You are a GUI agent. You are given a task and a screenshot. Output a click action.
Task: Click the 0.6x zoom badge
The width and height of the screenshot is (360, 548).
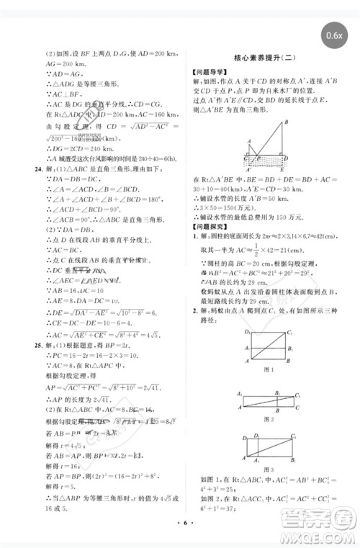click(335, 35)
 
